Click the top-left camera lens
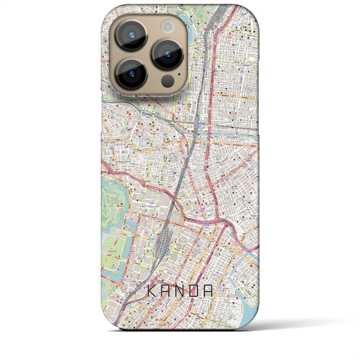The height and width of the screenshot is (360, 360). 132,35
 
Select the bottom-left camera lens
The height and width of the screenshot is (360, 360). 132,73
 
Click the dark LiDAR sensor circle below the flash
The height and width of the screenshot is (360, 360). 168,81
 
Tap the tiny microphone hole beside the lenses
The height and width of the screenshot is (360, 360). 179,75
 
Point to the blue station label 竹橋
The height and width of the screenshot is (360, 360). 114,183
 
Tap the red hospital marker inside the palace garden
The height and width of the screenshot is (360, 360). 121,204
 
